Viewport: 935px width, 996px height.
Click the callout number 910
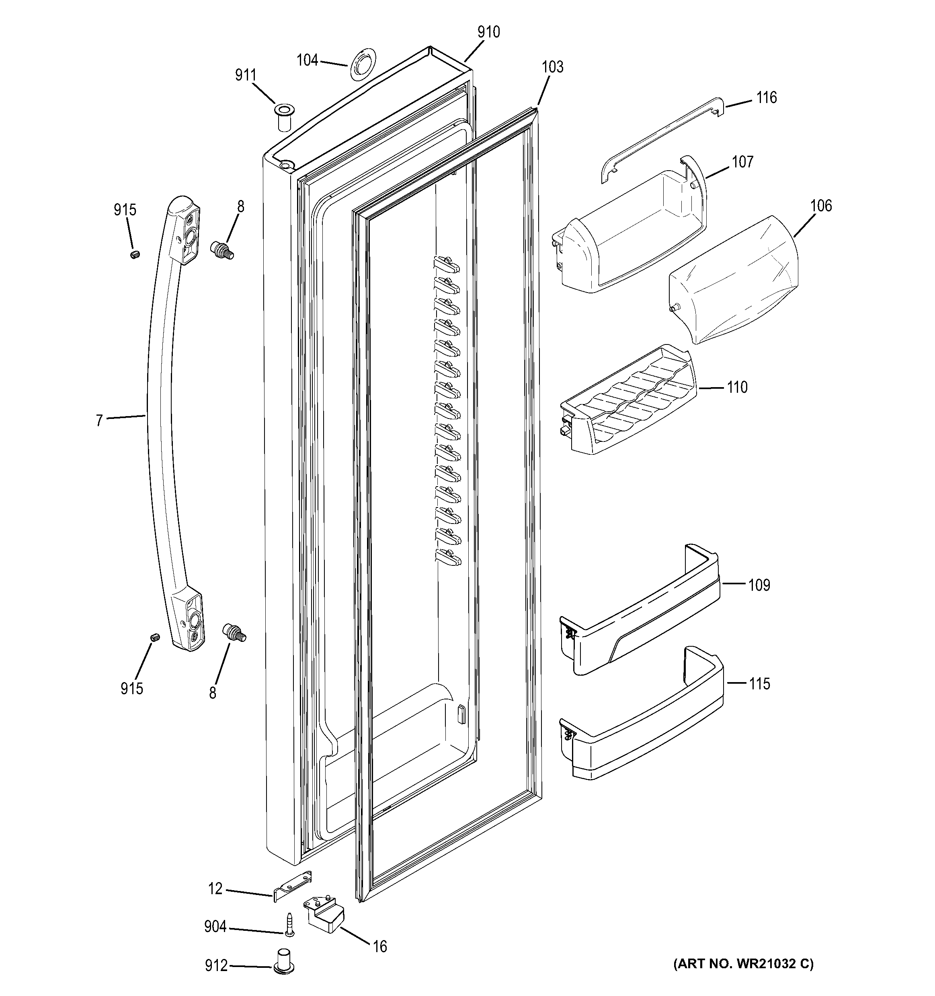click(488, 32)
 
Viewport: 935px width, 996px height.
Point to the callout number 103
click(552, 67)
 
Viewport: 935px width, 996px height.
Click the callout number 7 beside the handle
click(99, 420)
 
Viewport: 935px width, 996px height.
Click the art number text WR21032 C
click(743, 963)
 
